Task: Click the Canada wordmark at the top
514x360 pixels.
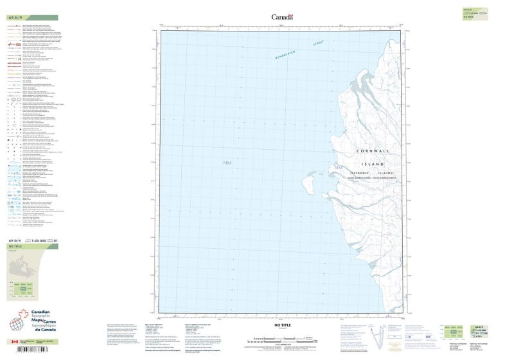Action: pos(282,17)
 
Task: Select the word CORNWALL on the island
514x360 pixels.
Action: pos(376,152)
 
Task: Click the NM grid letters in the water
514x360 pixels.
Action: pos(227,163)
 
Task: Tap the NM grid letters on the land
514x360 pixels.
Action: pos(337,168)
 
